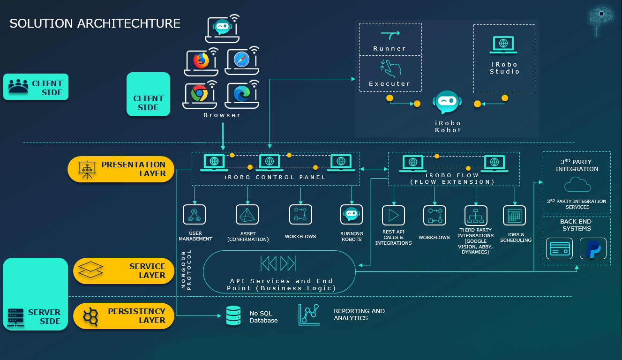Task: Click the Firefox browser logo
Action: click(x=201, y=60)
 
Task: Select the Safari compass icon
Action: click(x=241, y=60)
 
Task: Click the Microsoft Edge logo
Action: click(x=241, y=94)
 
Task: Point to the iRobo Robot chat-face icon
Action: click(x=448, y=102)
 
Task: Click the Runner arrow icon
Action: click(x=390, y=34)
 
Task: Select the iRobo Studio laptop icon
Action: click(x=503, y=45)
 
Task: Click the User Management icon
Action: click(x=195, y=214)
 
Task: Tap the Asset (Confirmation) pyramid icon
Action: click(x=247, y=214)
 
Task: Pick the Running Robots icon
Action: click(x=352, y=214)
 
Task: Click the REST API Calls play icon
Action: click(x=393, y=216)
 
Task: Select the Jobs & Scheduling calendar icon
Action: click(x=515, y=216)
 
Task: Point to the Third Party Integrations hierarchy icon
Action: click(x=476, y=216)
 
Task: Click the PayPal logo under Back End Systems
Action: click(x=593, y=248)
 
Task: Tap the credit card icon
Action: click(x=560, y=248)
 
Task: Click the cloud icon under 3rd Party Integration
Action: click(x=577, y=186)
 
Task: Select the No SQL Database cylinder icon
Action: click(x=233, y=316)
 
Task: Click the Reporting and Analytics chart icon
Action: click(x=309, y=315)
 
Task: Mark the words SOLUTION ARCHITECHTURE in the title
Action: click(x=95, y=23)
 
